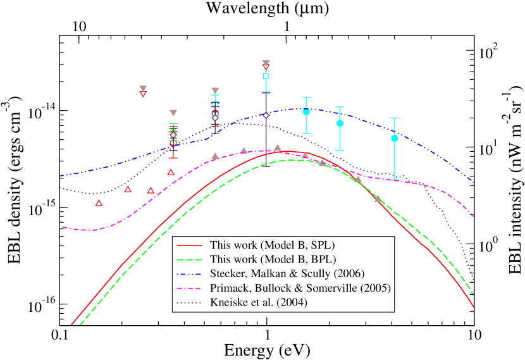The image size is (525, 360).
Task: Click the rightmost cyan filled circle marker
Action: coord(395,138)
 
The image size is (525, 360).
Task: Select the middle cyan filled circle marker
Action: coord(340,123)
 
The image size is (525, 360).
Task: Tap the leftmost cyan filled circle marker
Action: coord(306,111)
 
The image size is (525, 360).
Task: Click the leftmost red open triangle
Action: coord(99,203)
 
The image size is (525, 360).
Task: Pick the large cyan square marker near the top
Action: coord(266,76)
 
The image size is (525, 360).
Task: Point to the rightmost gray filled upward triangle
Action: coord(378,198)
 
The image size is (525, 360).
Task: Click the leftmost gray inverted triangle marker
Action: coord(143,89)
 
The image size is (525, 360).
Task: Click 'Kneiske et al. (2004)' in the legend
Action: coord(259,302)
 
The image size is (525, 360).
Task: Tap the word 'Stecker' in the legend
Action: coord(227,274)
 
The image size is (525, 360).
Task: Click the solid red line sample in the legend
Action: coord(190,245)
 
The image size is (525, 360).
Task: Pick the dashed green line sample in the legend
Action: coord(190,259)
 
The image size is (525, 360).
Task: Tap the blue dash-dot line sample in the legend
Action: coord(190,274)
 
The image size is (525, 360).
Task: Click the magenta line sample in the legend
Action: coord(190,289)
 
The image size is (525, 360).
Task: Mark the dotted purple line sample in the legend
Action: coord(190,302)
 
